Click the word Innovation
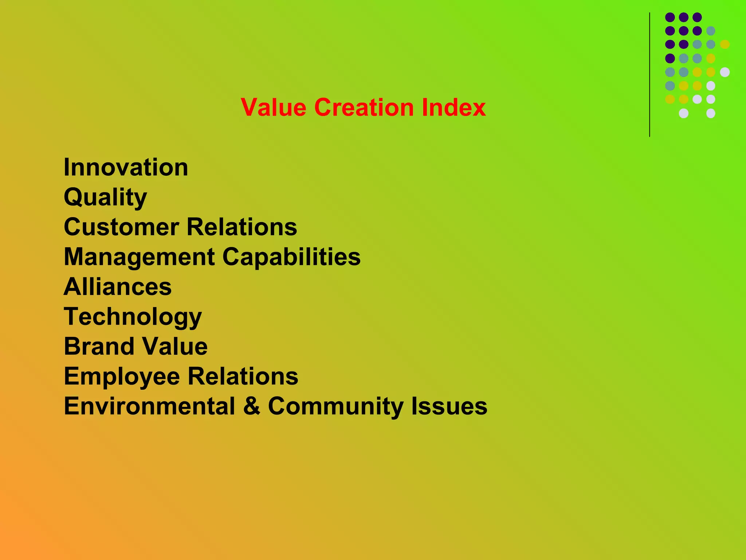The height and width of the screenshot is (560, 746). click(126, 167)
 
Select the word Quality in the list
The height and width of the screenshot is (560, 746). click(105, 197)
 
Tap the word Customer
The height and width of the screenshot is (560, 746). click(121, 227)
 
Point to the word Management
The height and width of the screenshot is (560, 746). click(139, 257)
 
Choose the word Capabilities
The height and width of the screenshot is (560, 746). click(291, 257)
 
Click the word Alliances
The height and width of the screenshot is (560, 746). click(118, 287)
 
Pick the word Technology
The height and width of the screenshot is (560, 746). click(133, 317)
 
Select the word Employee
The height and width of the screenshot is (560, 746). click(122, 377)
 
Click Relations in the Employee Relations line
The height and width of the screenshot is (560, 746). click(243, 376)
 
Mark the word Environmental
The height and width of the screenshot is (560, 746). click(149, 406)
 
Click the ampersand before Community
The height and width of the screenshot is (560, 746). click(252, 406)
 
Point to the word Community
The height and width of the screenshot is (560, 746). click(335, 406)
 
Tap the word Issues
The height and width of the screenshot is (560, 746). click(449, 406)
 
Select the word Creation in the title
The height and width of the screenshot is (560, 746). click(364, 108)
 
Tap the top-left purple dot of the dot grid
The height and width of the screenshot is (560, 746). click(670, 17)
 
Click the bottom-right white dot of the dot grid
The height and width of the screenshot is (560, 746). click(711, 113)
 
